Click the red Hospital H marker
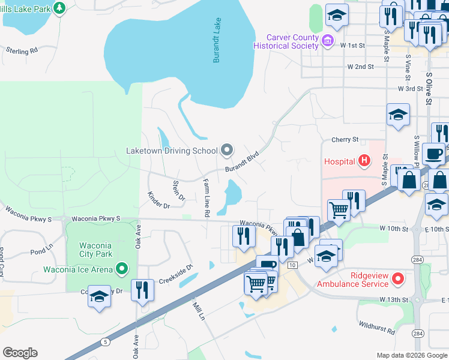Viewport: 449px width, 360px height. pyautogui.click(x=364, y=161)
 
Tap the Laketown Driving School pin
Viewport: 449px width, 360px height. pyautogui.click(x=226, y=150)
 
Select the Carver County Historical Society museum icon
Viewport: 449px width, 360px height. pyautogui.click(x=328, y=41)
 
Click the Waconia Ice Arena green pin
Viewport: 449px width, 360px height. pyautogui.click(x=122, y=268)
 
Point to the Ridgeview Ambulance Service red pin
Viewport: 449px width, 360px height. pyautogui.click(x=397, y=278)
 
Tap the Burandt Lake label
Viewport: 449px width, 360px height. pyautogui.click(x=217, y=40)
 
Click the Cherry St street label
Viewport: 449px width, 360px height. pyautogui.click(x=345, y=140)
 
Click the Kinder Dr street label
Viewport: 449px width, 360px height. pyautogui.click(x=158, y=200)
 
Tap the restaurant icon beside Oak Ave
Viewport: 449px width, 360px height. pyautogui.click(x=143, y=290)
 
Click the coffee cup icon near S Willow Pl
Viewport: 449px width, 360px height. pyautogui.click(x=433, y=154)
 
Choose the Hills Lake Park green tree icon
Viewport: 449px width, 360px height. pyautogui.click(x=59, y=8)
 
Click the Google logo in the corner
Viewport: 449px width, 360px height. pyautogui.click(x=20, y=352)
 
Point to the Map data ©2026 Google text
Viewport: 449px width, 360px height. pyautogui.click(x=412, y=355)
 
